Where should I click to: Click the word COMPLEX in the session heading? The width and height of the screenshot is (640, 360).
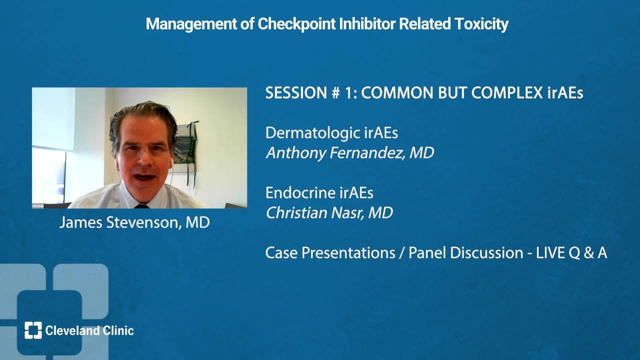506,93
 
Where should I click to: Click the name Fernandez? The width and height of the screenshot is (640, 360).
367,153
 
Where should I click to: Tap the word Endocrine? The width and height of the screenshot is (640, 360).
300,193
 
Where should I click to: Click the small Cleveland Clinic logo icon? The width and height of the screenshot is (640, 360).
33,330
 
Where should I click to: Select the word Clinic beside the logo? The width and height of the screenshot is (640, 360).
118,330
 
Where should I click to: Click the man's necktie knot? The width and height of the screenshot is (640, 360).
141,205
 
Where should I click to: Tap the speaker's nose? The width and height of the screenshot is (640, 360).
144,158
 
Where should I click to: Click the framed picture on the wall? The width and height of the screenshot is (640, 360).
185,148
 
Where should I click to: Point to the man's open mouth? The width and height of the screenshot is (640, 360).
145,177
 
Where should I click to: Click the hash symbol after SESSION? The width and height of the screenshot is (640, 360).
335,93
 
